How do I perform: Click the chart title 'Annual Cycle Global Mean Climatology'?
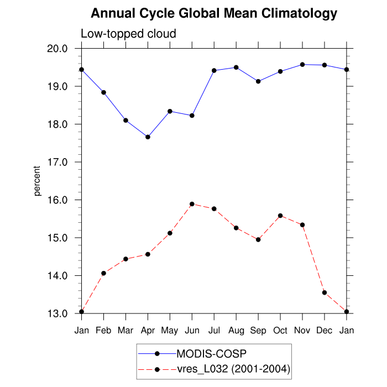pyautogui.click(x=214, y=13)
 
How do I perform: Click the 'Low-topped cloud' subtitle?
pyautogui.click(x=128, y=34)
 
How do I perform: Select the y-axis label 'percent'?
pyautogui.click(x=38, y=181)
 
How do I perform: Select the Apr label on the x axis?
pyautogui.click(x=148, y=330)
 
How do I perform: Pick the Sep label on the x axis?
pyautogui.click(x=258, y=330)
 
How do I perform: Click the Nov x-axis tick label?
pyautogui.click(x=302, y=330)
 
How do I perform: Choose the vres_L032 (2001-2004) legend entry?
pyautogui.click(x=233, y=369)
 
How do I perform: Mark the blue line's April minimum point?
pyautogui.click(x=148, y=137)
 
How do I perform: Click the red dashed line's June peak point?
pyautogui.click(x=192, y=204)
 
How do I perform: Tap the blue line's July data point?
pyautogui.click(x=214, y=70)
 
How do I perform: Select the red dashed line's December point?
pyautogui.click(x=325, y=292)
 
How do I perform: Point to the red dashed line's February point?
pyautogui.click(x=103, y=273)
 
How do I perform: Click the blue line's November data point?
pyautogui.click(x=302, y=65)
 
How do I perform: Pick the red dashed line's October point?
pyautogui.click(x=280, y=216)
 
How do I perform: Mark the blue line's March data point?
pyautogui.click(x=125, y=121)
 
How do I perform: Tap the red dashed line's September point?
pyautogui.click(x=258, y=239)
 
